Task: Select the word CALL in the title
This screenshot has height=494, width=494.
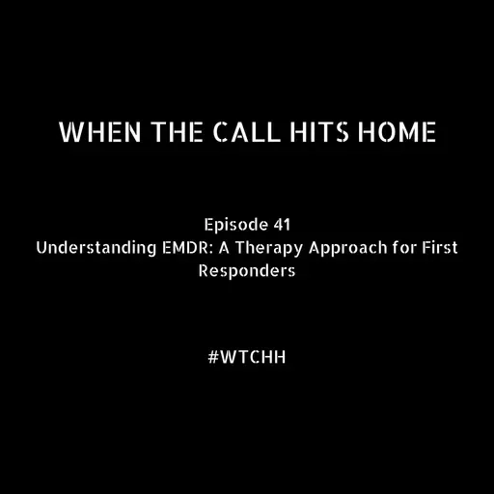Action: pos(232,132)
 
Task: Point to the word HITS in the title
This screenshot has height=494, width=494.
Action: pos(306,132)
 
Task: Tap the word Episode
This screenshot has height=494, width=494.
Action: pos(236,226)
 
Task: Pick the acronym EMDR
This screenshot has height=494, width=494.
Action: pos(172,248)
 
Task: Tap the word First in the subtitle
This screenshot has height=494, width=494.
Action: pos(436,248)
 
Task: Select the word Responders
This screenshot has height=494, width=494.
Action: pos(247,271)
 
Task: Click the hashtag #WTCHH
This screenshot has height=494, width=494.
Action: pos(247,355)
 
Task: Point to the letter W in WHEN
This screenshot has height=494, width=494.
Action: pos(69,132)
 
